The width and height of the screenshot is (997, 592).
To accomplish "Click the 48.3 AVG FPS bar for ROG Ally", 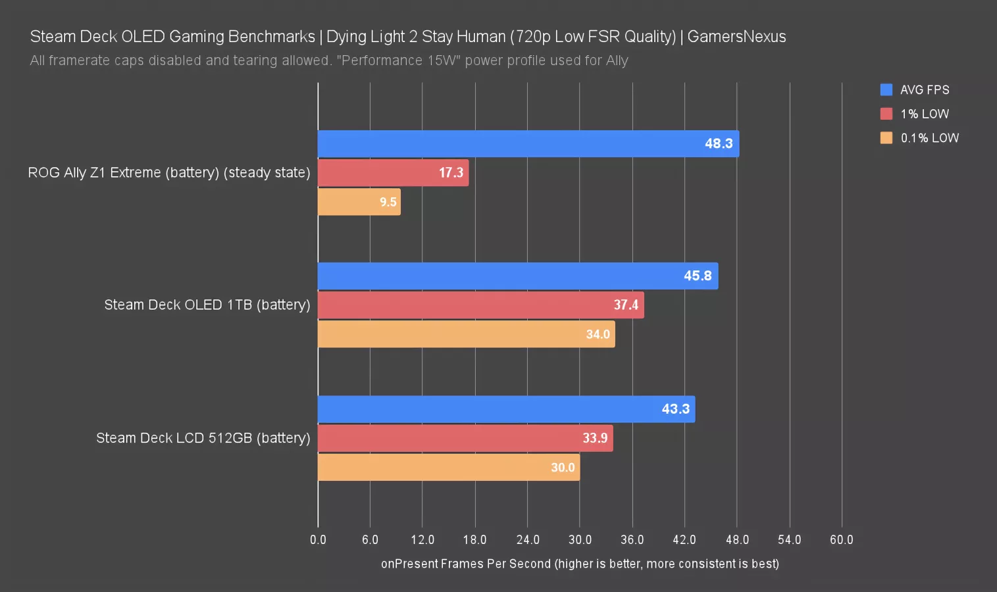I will [x=528, y=143].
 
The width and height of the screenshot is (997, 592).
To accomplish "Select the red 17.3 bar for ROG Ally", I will [x=393, y=172].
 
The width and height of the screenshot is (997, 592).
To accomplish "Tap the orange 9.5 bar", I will [x=359, y=201].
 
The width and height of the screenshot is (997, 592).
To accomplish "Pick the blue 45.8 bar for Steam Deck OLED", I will [x=517, y=276].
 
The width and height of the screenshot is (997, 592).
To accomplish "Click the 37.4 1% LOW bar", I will [x=480, y=305].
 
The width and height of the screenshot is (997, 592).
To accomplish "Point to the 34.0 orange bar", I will [x=466, y=334].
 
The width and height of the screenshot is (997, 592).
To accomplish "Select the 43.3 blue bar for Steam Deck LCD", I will [x=506, y=409].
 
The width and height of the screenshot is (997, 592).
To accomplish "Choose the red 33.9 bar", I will [x=465, y=438].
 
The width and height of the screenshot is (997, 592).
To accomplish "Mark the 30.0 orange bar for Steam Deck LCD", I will [x=448, y=467].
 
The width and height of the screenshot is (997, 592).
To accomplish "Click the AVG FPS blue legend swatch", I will [x=886, y=89].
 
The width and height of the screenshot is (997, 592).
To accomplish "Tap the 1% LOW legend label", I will [x=925, y=114].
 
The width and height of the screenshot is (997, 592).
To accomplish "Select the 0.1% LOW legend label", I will [x=929, y=138].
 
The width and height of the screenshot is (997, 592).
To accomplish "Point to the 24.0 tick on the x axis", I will [x=528, y=540].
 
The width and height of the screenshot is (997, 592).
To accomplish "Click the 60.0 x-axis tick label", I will [x=841, y=540].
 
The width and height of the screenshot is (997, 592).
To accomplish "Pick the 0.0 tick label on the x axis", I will [x=318, y=540].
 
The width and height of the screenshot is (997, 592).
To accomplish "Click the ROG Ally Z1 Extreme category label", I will [x=168, y=172].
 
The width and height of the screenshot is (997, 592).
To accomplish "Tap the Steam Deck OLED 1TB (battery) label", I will [x=207, y=305].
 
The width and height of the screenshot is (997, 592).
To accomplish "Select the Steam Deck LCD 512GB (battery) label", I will [x=203, y=438].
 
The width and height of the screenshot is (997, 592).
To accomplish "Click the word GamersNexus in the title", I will [x=736, y=37].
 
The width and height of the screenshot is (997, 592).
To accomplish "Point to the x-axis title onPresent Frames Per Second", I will [x=580, y=564].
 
